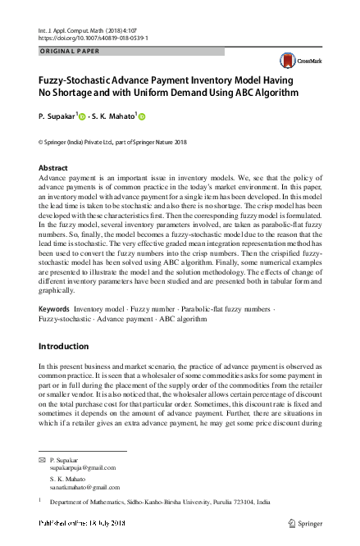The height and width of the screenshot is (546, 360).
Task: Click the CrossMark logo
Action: [291, 59]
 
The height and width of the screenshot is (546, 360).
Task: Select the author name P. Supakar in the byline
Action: [56, 117]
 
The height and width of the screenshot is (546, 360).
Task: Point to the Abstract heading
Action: [53, 167]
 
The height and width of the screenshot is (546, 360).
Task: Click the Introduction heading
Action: [66, 370]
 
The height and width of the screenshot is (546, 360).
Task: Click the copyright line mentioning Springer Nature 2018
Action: [118, 143]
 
